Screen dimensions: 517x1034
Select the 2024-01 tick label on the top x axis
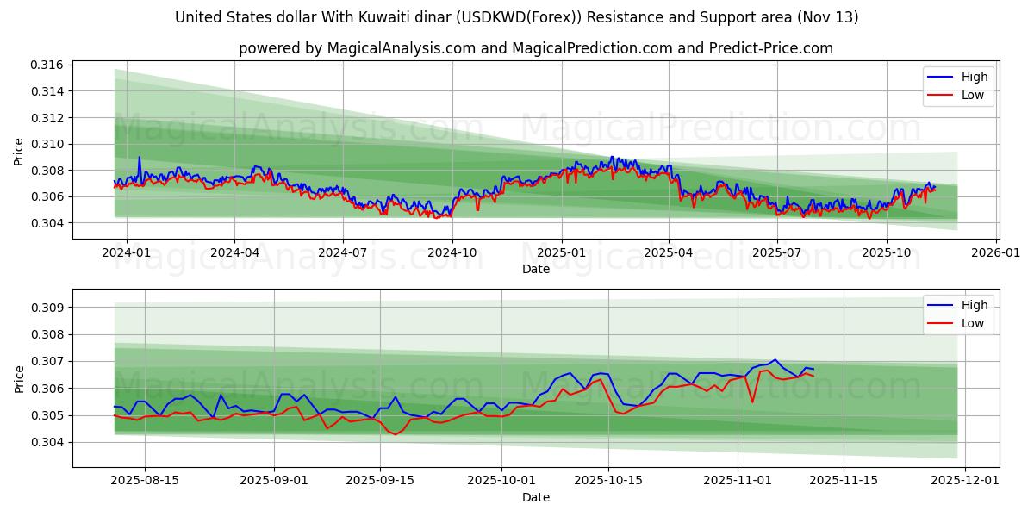pyautogui.click(x=127, y=252)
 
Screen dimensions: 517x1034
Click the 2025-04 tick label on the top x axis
pyautogui.click(x=669, y=252)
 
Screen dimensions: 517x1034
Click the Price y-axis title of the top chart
pyautogui.click(x=19, y=151)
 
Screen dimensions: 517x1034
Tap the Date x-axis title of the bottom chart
pyautogui.click(x=535, y=497)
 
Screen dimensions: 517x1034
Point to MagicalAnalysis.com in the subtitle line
pyautogui.click(x=401, y=48)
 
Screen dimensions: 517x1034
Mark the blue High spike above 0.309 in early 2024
pyautogui.click(x=139, y=158)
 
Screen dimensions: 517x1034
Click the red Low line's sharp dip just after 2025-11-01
pyautogui.click(x=752, y=402)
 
